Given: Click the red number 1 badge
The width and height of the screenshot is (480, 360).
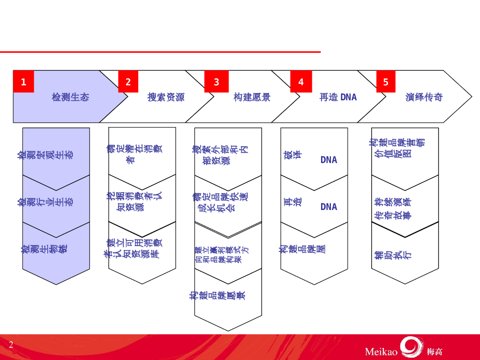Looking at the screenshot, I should [23, 82].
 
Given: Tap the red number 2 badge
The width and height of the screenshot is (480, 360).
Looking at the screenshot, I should [128, 82].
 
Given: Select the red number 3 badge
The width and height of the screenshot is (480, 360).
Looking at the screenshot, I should [216, 82].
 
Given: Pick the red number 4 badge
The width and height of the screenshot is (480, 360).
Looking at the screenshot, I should [300, 82].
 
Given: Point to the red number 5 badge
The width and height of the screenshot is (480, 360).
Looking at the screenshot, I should [386, 82].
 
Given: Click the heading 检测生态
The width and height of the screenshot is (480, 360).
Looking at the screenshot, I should [70, 97].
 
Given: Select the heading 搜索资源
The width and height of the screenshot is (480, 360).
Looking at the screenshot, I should [166, 97].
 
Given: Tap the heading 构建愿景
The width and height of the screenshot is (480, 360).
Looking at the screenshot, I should [252, 97].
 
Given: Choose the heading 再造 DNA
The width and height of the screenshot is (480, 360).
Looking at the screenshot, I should [338, 97].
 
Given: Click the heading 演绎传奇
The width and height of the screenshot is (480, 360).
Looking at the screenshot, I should [424, 97].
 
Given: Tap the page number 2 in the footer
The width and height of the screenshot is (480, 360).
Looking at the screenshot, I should [11, 345].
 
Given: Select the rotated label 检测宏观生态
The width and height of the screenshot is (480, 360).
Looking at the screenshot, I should [46, 154].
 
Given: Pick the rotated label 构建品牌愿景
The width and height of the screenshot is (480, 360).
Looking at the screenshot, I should [217, 295].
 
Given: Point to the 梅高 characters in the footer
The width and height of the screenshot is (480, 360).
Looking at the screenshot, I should [435, 352].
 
